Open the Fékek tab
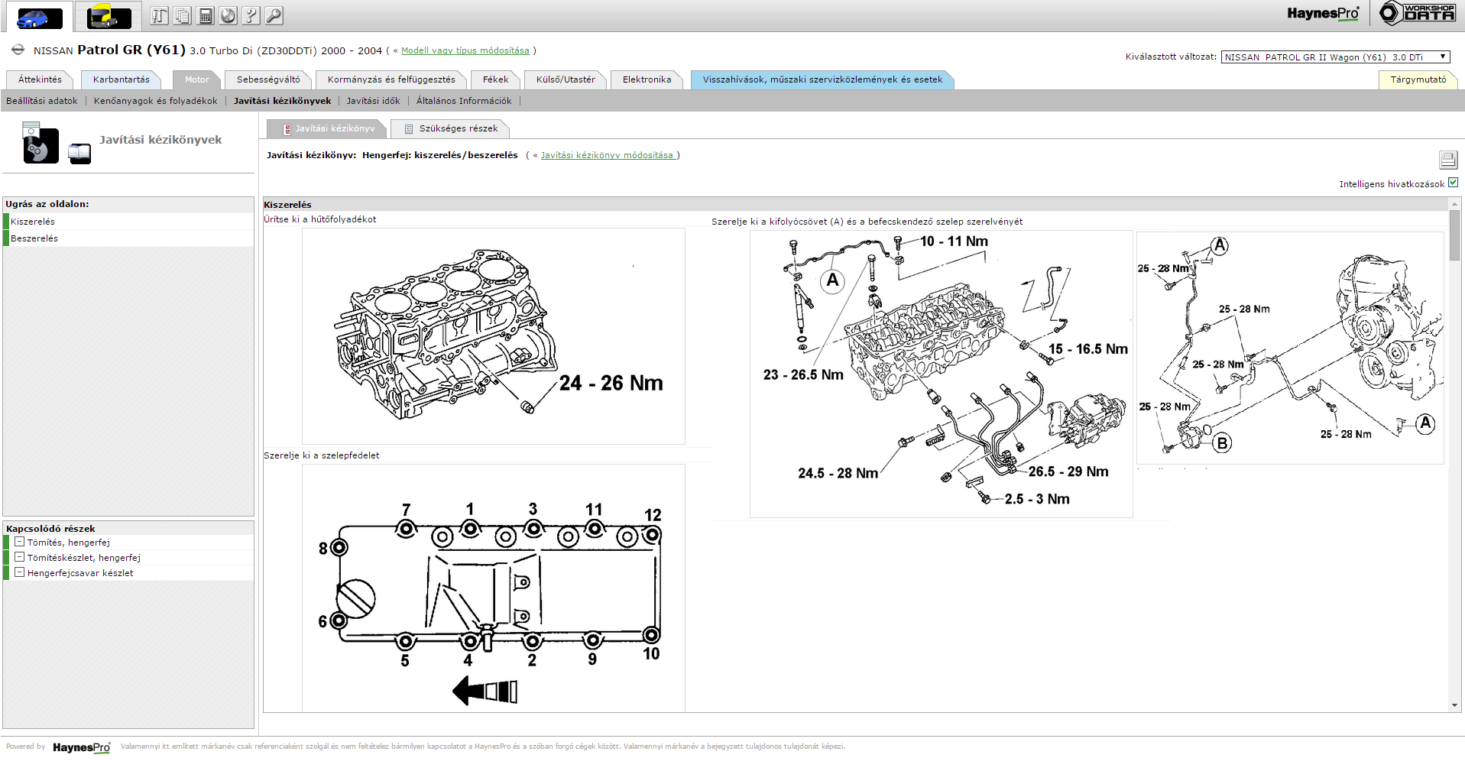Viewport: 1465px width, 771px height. point(495,79)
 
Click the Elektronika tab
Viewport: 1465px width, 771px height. point(647,79)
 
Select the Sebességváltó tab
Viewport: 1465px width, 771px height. point(268,79)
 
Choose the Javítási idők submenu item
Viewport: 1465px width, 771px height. point(373,101)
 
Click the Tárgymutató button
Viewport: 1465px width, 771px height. point(1418,79)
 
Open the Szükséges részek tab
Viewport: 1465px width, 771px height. point(450,128)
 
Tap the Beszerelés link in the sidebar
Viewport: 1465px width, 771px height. point(34,238)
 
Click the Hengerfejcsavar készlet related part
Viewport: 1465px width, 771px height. point(80,573)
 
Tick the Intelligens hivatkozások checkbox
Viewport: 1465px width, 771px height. point(1453,183)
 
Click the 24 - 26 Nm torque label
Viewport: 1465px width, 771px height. point(611,383)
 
